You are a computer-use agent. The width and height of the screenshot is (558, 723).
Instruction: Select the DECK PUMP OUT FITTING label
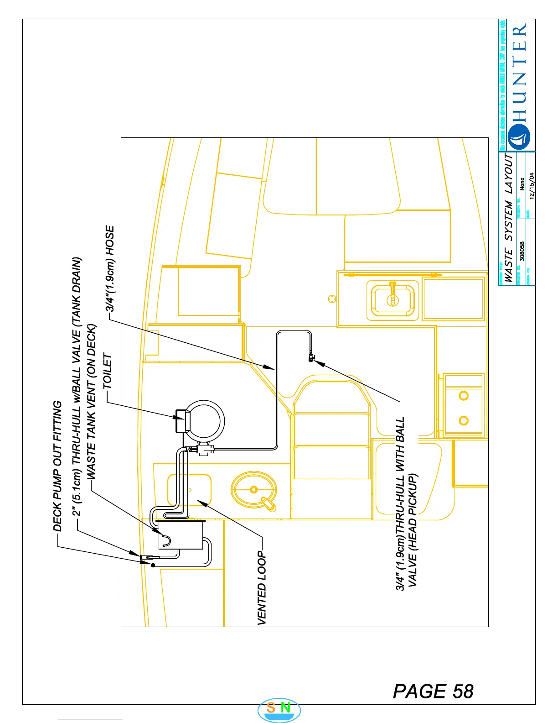click(x=57, y=466)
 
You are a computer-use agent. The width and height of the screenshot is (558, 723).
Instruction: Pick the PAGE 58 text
click(x=433, y=692)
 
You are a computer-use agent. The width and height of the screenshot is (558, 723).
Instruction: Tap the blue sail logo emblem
click(x=519, y=136)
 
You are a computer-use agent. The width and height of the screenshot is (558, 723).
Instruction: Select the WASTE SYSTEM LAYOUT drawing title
click(x=509, y=217)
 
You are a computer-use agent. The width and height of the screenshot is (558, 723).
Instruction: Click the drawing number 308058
click(x=522, y=251)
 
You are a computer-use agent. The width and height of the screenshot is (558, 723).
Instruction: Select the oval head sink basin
click(x=254, y=490)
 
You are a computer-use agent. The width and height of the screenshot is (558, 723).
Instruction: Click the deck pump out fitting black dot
click(x=153, y=565)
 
